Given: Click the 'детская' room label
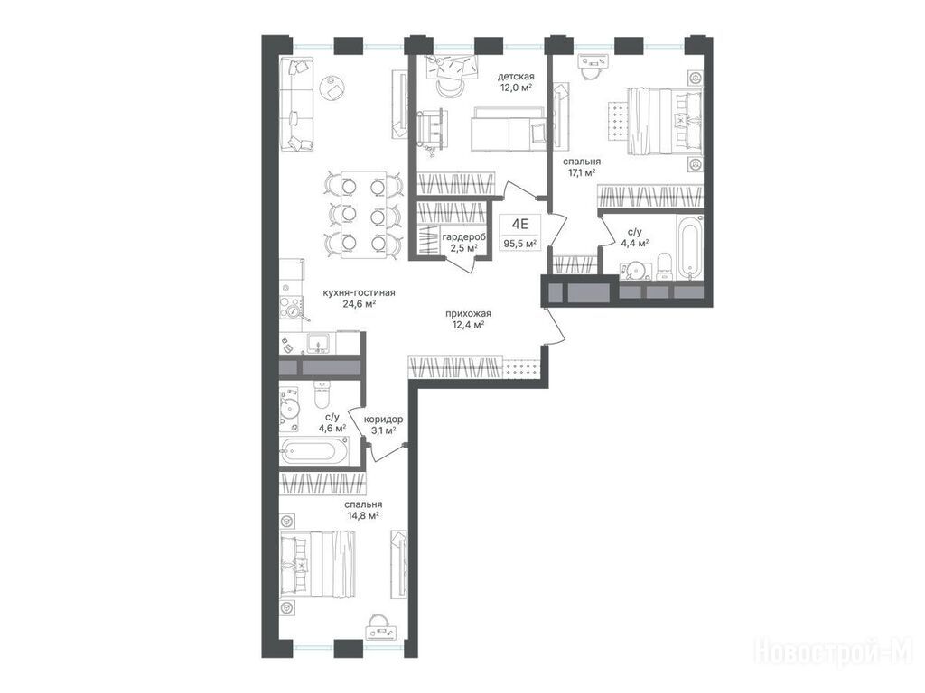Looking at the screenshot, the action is pyautogui.click(x=516, y=77).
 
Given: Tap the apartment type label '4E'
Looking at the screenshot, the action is pyautogui.click(x=519, y=224).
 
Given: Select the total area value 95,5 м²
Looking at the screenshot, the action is pyautogui.click(x=519, y=243).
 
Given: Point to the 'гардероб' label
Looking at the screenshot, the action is pyautogui.click(x=464, y=236).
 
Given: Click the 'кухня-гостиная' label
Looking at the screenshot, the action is pyautogui.click(x=359, y=292).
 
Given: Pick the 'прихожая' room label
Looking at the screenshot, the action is pyautogui.click(x=469, y=313).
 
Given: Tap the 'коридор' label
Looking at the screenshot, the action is pyautogui.click(x=383, y=419).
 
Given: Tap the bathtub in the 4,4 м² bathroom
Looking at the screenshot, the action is pyautogui.click(x=688, y=247).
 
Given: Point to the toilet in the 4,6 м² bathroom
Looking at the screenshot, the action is pyautogui.click(x=322, y=393).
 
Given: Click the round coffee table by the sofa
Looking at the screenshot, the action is pyautogui.click(x=332, y=88).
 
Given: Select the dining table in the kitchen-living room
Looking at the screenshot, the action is pyautogui.click(x=364, y=215).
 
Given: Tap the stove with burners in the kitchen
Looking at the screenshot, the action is pyautogui.click(x=292, y=306).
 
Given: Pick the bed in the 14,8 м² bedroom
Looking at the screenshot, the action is pyautogui.click(x=319, y=563).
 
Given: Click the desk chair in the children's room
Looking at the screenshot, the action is pyautogui.click(x=451, y=88).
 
